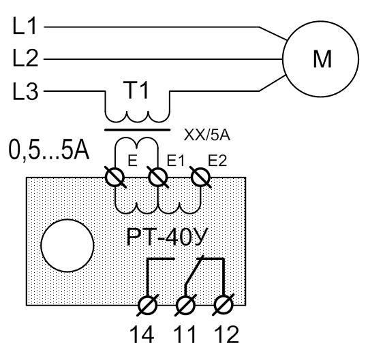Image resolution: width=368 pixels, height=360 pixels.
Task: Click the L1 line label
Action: click(x=25, y=26)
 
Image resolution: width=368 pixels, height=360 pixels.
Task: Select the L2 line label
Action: click(x=25, y=58)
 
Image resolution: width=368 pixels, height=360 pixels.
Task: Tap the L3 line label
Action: click(x=25, y=91)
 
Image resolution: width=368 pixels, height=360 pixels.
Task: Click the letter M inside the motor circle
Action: click(x=322, y=59)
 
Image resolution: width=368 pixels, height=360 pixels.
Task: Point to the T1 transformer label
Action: click(x=137, y=89)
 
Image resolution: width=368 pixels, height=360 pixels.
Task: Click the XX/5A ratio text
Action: click(x=206, y=135)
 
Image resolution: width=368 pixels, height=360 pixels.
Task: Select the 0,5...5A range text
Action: click(x=49, y=150)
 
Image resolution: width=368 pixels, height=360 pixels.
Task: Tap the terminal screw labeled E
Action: click(x=115, y=177)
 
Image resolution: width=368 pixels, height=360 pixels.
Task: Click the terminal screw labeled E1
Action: click(x=158, y=177)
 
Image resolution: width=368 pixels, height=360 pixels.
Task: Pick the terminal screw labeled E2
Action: click(x=200, y=177)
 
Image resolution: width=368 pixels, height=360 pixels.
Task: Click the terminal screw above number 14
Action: click(x=147, y=305)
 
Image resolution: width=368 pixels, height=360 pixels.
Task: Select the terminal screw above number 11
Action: click(x=185, y=305)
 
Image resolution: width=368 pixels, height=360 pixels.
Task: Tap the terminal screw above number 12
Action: click(x=224, y=305)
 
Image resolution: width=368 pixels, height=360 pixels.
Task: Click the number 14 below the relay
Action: click(x=142, y=334)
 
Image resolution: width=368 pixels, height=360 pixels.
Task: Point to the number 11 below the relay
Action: click(x=185, y=334)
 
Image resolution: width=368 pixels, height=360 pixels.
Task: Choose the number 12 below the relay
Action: click(x=227, y=334)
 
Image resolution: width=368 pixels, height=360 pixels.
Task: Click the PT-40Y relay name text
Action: click(x=167, y=237)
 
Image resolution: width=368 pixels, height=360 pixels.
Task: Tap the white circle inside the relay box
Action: click(x=67, y=246)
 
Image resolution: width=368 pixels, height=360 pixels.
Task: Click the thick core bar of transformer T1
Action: click(x=137, y=129)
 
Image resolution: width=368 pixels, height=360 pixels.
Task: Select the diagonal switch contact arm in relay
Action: click(x=194, y=270)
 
